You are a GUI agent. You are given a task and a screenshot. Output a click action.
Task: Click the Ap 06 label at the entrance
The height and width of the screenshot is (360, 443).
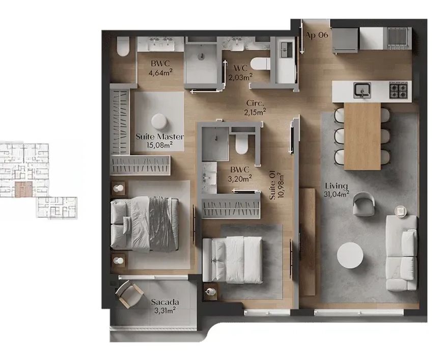click(316, 35)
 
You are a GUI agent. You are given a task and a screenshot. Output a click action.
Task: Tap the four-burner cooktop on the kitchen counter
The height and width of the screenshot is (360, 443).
click(398, 90)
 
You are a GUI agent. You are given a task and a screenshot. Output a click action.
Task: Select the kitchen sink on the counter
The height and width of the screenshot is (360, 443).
click(362, 90)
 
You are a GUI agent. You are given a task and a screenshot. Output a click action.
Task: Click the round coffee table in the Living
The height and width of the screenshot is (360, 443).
click(350, 255)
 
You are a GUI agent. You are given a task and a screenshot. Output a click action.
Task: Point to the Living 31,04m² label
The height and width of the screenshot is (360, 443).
click(337, 189)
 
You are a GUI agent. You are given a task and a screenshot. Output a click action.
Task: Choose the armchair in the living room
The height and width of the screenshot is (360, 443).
click(364, 204)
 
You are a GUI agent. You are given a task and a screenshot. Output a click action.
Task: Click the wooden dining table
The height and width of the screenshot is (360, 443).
click(362, 136)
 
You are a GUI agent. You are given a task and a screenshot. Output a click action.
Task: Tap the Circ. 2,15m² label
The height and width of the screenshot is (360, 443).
click(255, 107)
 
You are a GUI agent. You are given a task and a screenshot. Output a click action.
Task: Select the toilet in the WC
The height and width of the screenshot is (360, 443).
click(260, 64)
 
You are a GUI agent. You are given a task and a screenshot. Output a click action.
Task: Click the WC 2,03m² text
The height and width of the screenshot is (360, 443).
click(240, 73)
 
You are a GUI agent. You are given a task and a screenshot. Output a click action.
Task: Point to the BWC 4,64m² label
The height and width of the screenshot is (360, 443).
click(160, 68)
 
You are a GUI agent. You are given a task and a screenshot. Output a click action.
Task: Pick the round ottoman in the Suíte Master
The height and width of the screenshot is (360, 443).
click(159, 122)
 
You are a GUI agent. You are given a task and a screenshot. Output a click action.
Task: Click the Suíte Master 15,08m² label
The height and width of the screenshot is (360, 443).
click(159, 141)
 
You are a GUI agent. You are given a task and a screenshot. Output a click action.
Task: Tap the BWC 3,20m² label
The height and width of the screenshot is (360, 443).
click(240, 174)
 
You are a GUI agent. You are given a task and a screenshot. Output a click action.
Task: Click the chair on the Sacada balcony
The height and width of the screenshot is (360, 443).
click(129, 294)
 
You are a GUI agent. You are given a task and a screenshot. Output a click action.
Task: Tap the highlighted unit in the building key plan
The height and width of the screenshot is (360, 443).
click(24, 189)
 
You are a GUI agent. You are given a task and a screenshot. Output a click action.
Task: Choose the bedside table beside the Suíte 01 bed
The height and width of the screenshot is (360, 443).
click(211, 291)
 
